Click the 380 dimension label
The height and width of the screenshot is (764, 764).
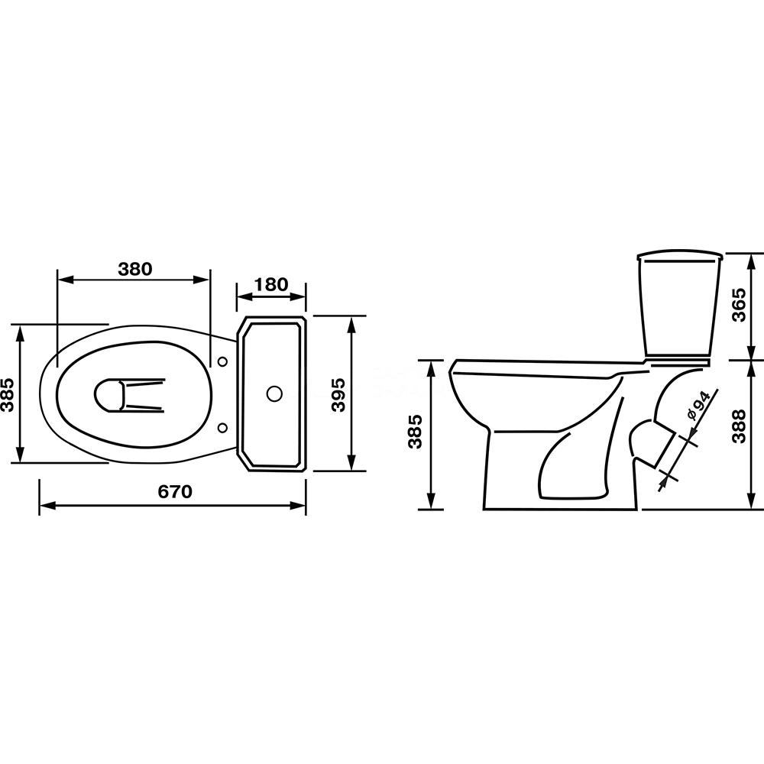click(x=135, y=269)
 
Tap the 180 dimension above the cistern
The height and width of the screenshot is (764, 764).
click(x=271, y=284)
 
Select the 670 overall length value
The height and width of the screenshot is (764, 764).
click(x=175, y=491)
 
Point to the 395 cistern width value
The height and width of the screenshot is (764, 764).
click(x=338, y=394)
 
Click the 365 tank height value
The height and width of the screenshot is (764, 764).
click(x=739, y=305)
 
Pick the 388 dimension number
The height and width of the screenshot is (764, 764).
click(x=739, y=426)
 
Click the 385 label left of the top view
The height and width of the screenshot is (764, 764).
click(x=7, y=395)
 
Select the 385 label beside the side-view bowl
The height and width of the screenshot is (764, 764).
click(x=415, y=432)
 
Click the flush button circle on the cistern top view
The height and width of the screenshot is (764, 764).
click(x=275, y=393)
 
